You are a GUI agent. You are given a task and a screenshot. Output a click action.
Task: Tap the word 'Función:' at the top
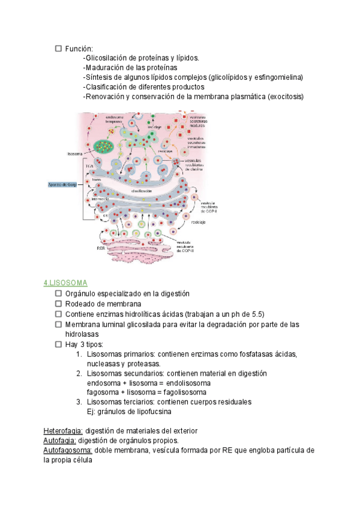tap(79, 48)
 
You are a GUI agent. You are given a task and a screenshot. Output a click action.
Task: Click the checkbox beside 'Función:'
tap(58, 48)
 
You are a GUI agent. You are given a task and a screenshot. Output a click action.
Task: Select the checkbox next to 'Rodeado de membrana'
tap(58, 304)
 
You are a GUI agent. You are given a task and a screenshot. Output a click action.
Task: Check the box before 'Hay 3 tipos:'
tap(58, 345)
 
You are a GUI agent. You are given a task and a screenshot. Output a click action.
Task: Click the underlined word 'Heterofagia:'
tap(64, 431)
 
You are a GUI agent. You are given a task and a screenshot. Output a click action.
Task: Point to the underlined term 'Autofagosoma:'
tap(67, 450)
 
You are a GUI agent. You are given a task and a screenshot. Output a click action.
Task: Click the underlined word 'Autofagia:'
tap(59, 441)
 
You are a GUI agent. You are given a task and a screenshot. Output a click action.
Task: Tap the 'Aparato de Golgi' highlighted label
tap(64, 184)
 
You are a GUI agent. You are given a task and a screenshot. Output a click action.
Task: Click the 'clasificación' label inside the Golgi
tap(141, 190)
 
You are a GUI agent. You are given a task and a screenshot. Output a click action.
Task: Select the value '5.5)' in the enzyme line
tap(256, 314)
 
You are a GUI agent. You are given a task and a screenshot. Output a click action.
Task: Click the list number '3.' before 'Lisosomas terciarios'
tap(79, 402)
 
